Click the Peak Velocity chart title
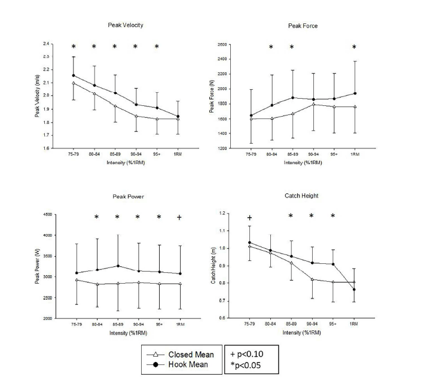point(125,25)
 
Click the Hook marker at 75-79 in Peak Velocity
point(74,75)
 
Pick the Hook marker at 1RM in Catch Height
point(353,290)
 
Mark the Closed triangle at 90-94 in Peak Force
point(313,104)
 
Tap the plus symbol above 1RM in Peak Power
point(179,218)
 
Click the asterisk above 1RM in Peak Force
point(353,48)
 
